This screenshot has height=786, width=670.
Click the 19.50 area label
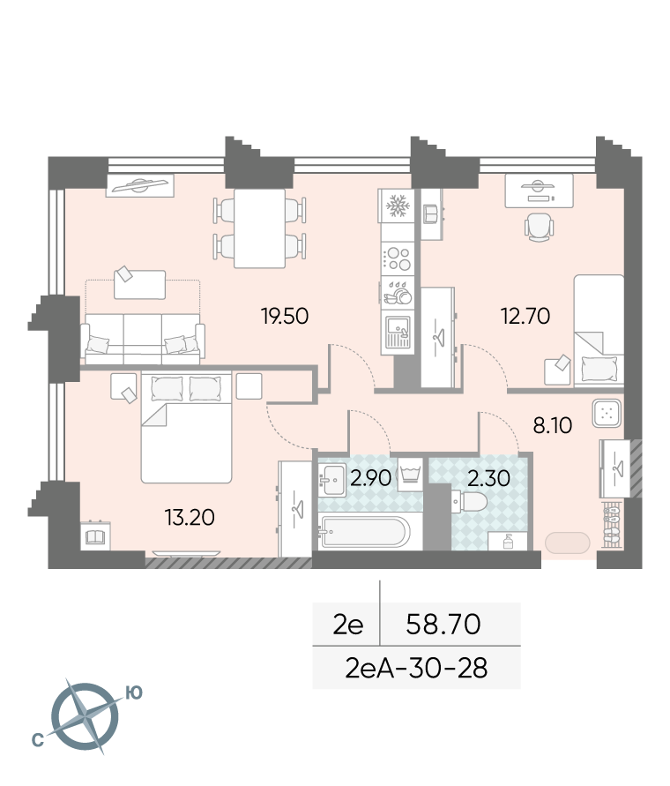pyautogui.click(x=285, y=317)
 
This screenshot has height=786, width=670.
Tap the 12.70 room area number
pyautogui.click(x=525, y=317)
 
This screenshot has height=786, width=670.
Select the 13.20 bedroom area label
pyautogui.click(x=190, y=517)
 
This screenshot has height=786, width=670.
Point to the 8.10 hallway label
pyautogui.click(x=552, y=425)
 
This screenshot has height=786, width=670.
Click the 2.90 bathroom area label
pyautogui.click(x=370, y=478)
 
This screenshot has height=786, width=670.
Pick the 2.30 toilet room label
pyautogui.click(x=488, y=478)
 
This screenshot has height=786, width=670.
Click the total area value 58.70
pyautogui.click(x=443, y=624)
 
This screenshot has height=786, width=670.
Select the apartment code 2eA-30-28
pyautogui.click(x=416, y=668)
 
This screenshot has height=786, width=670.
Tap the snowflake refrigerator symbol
pyautogui.click(x=398, y=206)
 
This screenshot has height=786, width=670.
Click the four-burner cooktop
pyautogui.click(x=398, y=258)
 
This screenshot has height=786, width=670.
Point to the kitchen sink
pyautogui.click(x=398, y=332)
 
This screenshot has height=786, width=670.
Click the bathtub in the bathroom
pyautogui.click(x=364, y=532)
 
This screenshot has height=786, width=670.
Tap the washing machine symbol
pyautogui.click(x=410, y=475)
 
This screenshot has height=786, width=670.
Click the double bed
pyautogui.click(x=186, y=427)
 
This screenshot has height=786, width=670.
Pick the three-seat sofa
pyautogui.click(x=143, y=339)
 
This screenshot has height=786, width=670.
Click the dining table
pyautogui.click(x=259, y=228)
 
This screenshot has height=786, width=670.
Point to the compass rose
pyautogui.click(x=86, y=717)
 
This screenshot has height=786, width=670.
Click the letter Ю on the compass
pyautogui.click(x=134, y=692)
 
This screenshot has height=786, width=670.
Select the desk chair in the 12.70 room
pyautogui.click(x=540, y=227)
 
